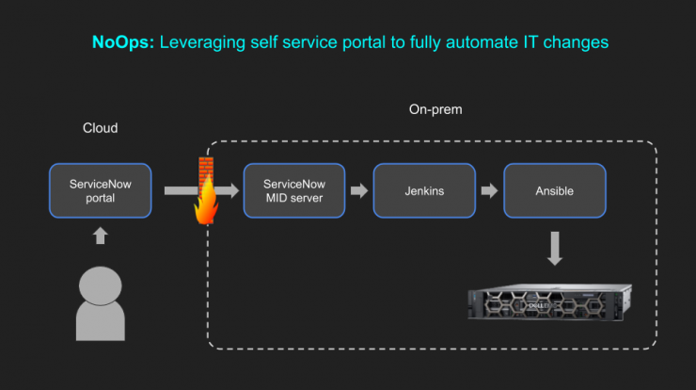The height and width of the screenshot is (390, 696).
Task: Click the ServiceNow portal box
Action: (101, 191)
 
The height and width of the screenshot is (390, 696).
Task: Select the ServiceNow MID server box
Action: (294, 191)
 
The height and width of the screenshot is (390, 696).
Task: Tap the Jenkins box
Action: (424, 191)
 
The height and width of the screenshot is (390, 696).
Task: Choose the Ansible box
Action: (555, 191)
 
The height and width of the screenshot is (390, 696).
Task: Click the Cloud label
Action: (101, 128)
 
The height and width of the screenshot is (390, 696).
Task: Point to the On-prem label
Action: (435, 109)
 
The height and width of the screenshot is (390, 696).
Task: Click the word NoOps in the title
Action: (123, 42)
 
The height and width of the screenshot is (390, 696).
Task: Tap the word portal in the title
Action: (365, 42)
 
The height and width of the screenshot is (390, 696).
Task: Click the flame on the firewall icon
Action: (206, 203)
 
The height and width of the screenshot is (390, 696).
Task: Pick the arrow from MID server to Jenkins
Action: (359, 191)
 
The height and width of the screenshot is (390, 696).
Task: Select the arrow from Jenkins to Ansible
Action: (490, 191)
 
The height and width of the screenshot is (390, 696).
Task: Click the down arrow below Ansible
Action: (555, 248)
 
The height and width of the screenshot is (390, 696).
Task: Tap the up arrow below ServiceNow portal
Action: (101, 236)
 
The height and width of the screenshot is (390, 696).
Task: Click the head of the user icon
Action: (101, 285)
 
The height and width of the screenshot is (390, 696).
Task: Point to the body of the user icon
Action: (101, 322)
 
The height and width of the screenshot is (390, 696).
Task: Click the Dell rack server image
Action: (550, 302)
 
